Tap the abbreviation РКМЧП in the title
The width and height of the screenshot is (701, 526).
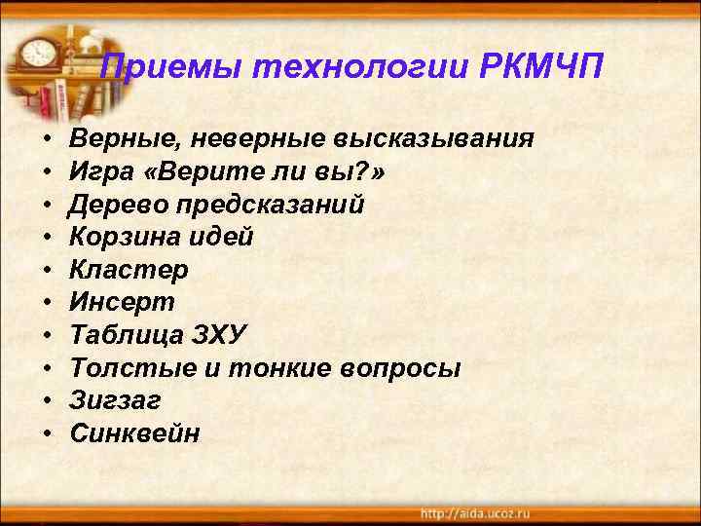542,68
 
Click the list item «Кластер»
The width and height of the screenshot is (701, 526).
129,270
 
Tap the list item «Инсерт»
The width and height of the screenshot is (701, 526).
122,303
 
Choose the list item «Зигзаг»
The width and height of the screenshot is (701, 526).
115,401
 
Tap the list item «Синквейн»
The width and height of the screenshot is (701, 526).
134,434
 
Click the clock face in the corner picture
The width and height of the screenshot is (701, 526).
38,50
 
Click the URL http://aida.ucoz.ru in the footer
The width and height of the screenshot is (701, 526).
476,512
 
